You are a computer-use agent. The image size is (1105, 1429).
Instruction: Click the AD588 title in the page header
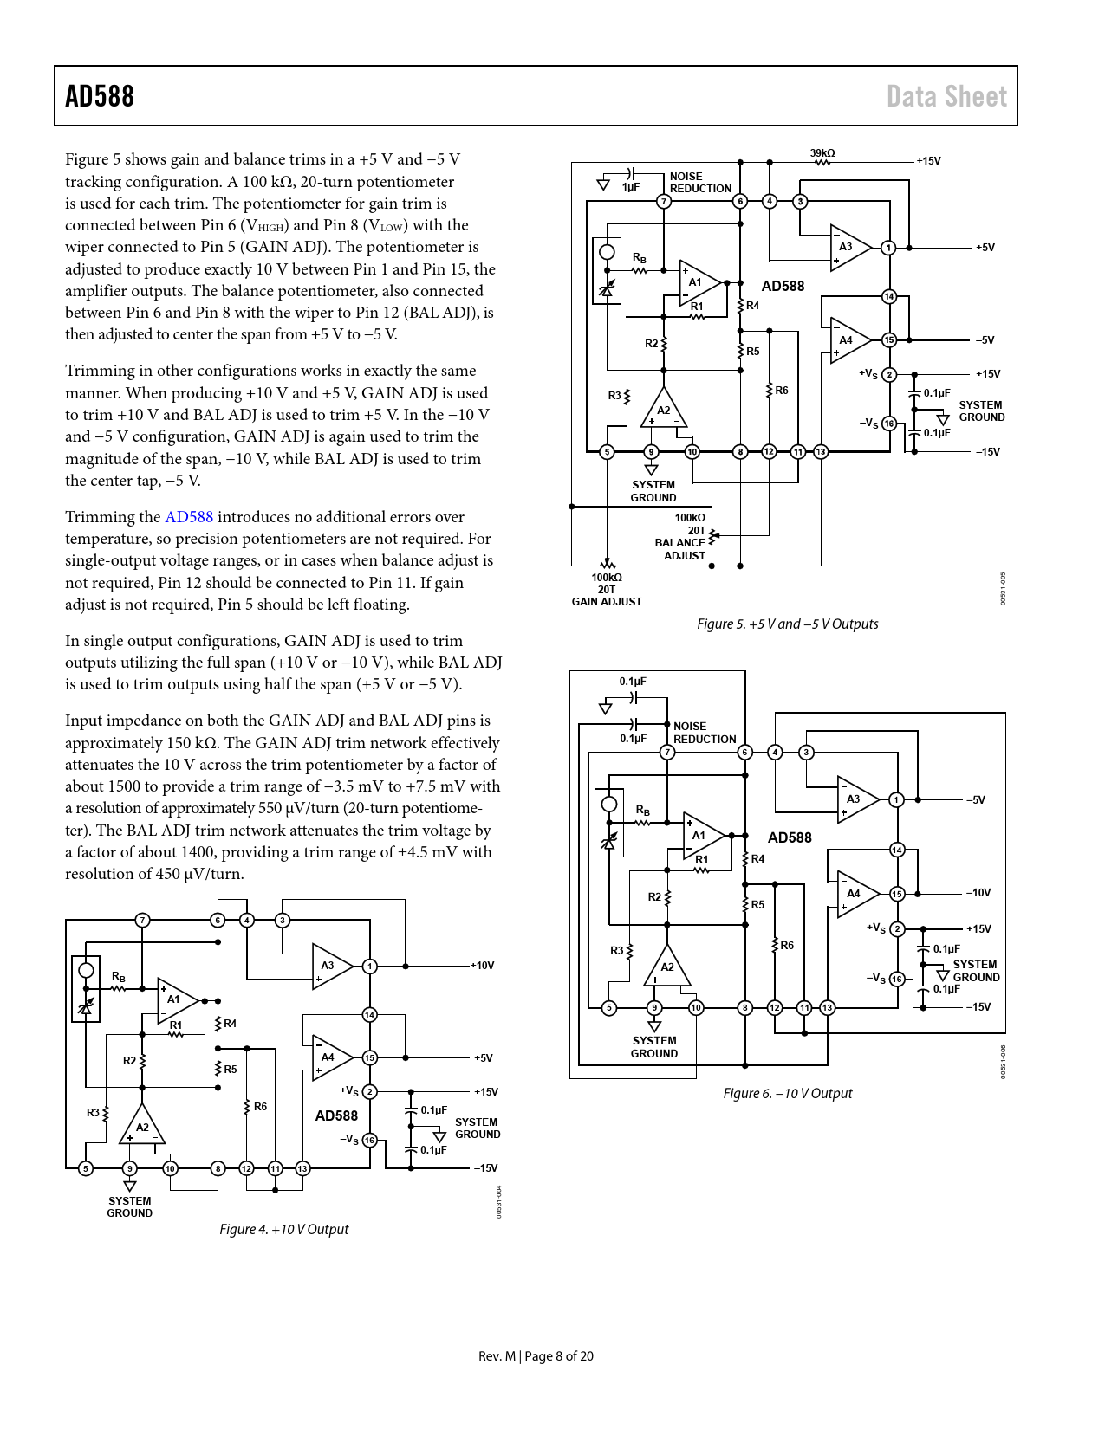pos(100,96)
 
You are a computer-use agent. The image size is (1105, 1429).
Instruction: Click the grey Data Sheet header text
pos(946,96)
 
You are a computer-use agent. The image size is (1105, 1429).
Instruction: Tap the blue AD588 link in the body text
pos(188,517)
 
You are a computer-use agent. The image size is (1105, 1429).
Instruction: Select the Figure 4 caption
pos(283,1229)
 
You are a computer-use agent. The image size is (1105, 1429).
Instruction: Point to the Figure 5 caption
pos(787,624)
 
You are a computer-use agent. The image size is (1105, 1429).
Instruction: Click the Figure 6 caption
pos(787,1093)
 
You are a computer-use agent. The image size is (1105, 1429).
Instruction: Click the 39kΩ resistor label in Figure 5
pos(822,153)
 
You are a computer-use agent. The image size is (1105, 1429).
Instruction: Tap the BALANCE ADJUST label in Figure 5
pos(679,549)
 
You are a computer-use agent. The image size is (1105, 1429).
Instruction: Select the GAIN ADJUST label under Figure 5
pos(606,601)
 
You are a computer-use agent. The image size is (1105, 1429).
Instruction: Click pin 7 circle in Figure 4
pos(142,920)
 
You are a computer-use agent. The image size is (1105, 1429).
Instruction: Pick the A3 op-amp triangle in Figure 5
pos(850,248)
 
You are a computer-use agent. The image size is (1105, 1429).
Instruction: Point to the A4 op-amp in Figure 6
pos(857,894)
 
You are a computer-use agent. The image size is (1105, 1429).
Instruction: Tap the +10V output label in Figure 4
pos(483,966)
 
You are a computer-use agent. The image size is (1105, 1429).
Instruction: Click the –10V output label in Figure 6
pos(978,892)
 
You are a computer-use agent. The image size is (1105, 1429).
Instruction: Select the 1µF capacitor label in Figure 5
pos(630,187)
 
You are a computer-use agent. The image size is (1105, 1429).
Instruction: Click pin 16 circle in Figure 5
pos(889,423)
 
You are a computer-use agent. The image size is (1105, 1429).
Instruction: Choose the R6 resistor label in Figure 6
pos(786,945)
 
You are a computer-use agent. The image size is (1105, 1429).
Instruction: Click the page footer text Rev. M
pos(497,1355)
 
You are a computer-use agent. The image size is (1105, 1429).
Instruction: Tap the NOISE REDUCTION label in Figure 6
pos(705,733)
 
